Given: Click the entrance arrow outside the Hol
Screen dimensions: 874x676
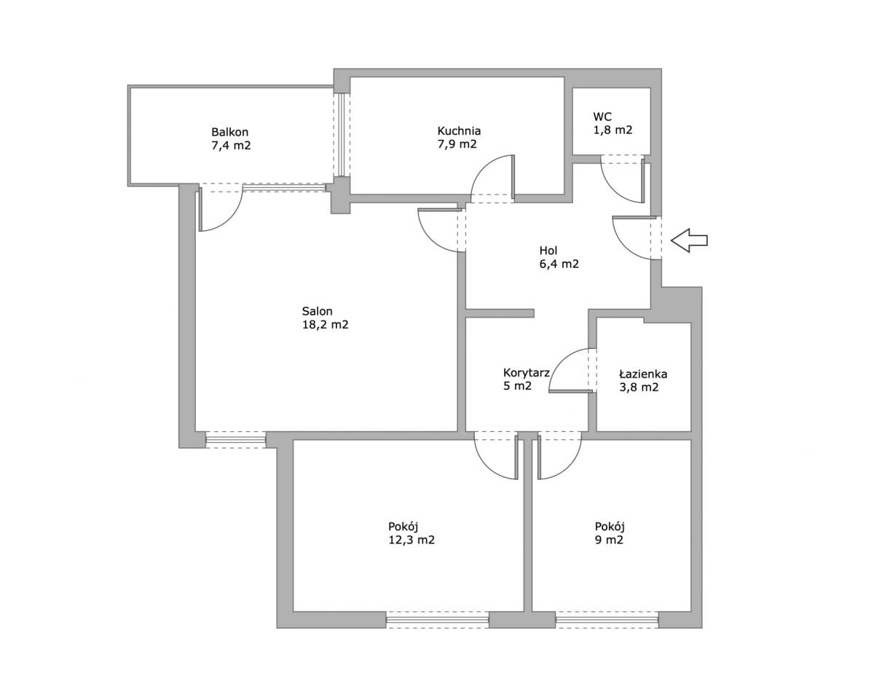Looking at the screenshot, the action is (688, 240).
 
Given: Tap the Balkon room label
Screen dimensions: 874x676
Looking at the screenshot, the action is (229, 132).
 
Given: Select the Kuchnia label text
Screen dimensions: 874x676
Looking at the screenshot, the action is (459, 130).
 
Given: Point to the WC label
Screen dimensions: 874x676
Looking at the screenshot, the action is (602, 117).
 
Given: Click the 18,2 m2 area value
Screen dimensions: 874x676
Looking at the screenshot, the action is (325, 325).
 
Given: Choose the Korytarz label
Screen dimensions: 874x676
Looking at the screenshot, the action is (526, 372).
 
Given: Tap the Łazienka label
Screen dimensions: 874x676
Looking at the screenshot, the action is (643, 374).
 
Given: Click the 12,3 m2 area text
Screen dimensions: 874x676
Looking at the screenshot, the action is (412, 540).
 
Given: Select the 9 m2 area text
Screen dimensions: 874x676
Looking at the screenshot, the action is (609, 540).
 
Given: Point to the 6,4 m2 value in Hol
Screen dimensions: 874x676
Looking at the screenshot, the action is (559, 264).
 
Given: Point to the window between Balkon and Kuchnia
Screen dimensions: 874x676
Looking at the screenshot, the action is (342, 135).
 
